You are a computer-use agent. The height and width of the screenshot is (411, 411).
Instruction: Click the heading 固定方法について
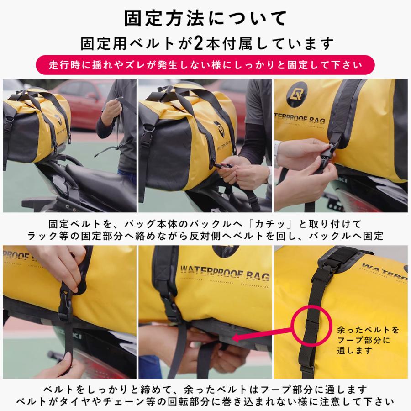pyautogui.click(x=205, y=19)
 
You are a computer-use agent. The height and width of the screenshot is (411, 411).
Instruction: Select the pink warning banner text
pyautogui.click(x=205, y=65)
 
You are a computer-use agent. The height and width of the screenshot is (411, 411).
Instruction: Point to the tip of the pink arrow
pyautogui.click(x=233, y=339)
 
